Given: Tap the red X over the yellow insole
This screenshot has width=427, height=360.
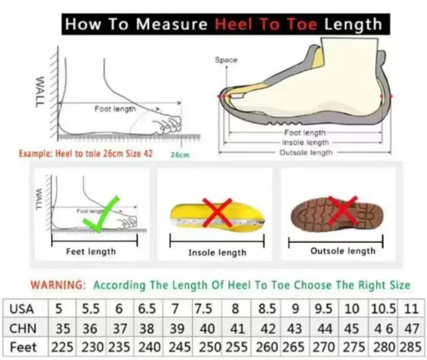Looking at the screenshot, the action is pos(217,213).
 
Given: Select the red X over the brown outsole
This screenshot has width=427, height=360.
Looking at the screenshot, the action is pos(343,210).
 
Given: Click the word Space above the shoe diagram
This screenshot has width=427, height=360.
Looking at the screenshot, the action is pos(226,60).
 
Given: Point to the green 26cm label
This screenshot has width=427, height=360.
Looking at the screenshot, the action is pos(180,155).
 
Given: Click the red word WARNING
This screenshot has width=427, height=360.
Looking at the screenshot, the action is pos(58,285).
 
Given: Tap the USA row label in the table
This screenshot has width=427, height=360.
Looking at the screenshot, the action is pos(21,309).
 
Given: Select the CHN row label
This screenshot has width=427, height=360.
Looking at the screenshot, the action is pos(22,329).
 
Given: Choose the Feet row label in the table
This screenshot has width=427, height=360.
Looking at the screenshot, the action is pos(23,347).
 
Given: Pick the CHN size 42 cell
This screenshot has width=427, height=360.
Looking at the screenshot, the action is pos(268,329).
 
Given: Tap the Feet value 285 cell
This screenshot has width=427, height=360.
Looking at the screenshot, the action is pos(410,347).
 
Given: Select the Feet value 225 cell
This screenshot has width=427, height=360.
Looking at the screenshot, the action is pos(62,347).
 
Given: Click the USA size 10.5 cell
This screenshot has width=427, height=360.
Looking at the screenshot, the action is pos(383,309).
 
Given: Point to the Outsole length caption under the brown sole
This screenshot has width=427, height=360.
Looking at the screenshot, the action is pos(343,251).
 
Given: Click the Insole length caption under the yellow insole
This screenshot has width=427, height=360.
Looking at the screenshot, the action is pos(217,252).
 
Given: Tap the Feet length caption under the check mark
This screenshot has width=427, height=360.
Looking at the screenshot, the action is pos(91,251).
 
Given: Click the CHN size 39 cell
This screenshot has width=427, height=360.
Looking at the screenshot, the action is pos(177,329).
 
